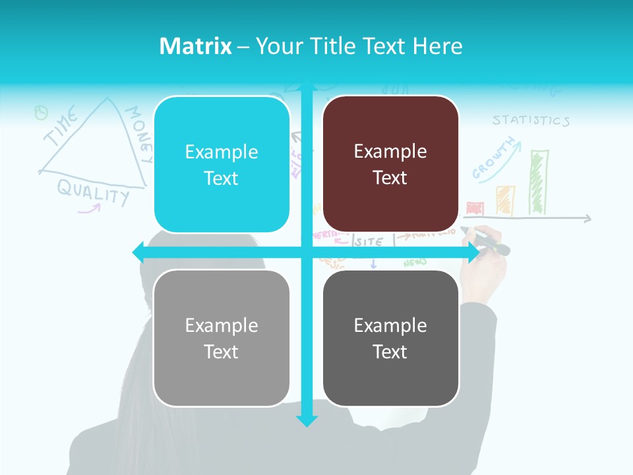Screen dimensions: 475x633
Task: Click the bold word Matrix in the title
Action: point(196,46)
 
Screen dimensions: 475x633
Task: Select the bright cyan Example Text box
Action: point(222,165)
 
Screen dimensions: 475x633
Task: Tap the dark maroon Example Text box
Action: point(390,164)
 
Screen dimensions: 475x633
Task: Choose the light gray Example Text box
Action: point(222,338)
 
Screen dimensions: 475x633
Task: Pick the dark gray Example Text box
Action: point(390,338)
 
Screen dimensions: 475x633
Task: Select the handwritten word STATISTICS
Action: point(531,121)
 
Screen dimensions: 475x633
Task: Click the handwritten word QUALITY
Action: point(93,191)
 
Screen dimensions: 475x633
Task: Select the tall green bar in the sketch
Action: point(539,182)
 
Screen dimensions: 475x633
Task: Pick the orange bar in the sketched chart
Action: point(505,200)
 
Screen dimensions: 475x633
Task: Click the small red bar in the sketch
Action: point(475,208)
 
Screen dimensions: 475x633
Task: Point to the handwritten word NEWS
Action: point(415,263)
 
